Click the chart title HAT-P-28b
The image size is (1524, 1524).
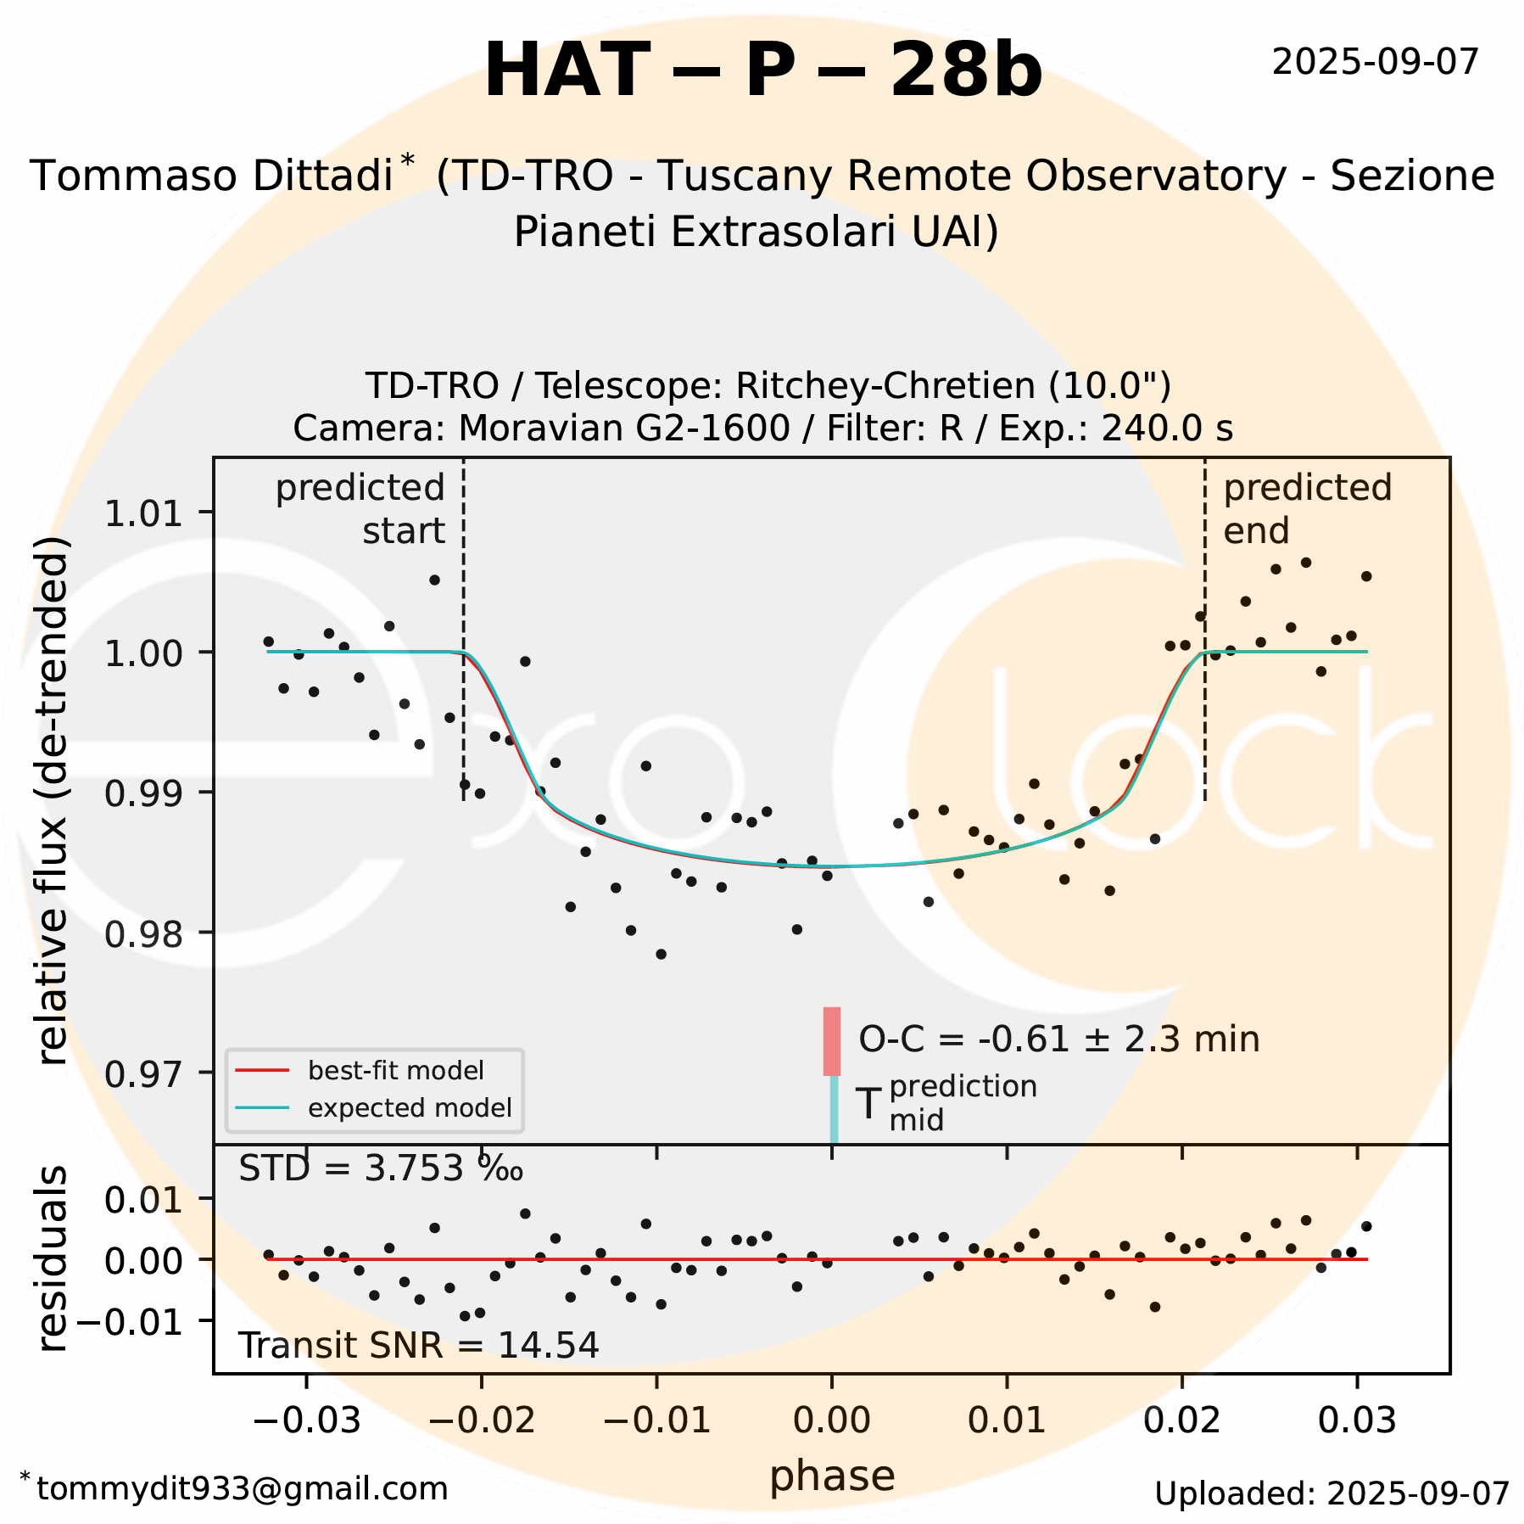point(762,71)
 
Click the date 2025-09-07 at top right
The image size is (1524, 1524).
point(1375,62)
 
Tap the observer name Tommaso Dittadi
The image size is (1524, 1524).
point(211,176)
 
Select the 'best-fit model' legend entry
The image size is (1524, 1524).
point(395,1071)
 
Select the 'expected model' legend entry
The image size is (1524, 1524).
point(410,1108)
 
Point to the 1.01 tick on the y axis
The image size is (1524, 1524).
point(142,514)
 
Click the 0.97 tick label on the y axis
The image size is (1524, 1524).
point(142,1074)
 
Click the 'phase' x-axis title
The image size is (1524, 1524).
point(832,1476)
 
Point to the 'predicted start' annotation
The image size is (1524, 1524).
point(361,509)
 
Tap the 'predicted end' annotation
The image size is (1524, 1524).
point(1307,509)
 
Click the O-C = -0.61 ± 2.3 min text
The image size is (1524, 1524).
point(1058,1039)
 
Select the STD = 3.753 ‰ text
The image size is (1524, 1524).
point(380,1169)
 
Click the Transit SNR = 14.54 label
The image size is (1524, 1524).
point(418,1346)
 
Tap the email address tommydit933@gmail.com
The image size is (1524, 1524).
point(242,1489)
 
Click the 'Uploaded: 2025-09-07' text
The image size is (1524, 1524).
point(1331,1494)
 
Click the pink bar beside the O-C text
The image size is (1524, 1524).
point(832,1041)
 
